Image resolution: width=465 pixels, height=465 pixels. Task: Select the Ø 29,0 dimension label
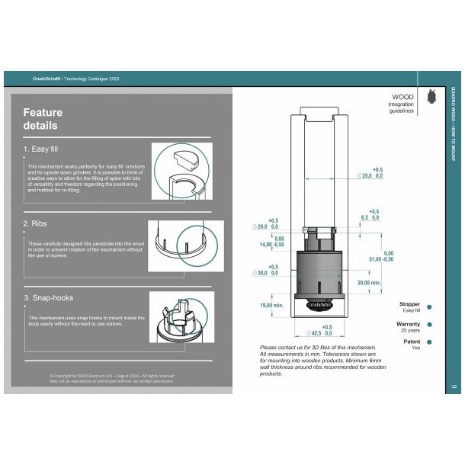point(266,226)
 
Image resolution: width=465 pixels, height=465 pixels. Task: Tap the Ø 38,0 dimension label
point(266,272)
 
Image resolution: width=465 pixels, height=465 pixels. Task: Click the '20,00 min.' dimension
point(370,283)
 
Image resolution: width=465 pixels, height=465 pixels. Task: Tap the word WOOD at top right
point(402,98)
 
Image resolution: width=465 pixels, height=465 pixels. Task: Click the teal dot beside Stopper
point(430,307)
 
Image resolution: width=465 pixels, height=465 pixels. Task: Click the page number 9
point(454,387)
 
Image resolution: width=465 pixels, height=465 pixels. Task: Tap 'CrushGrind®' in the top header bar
point(47,79)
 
